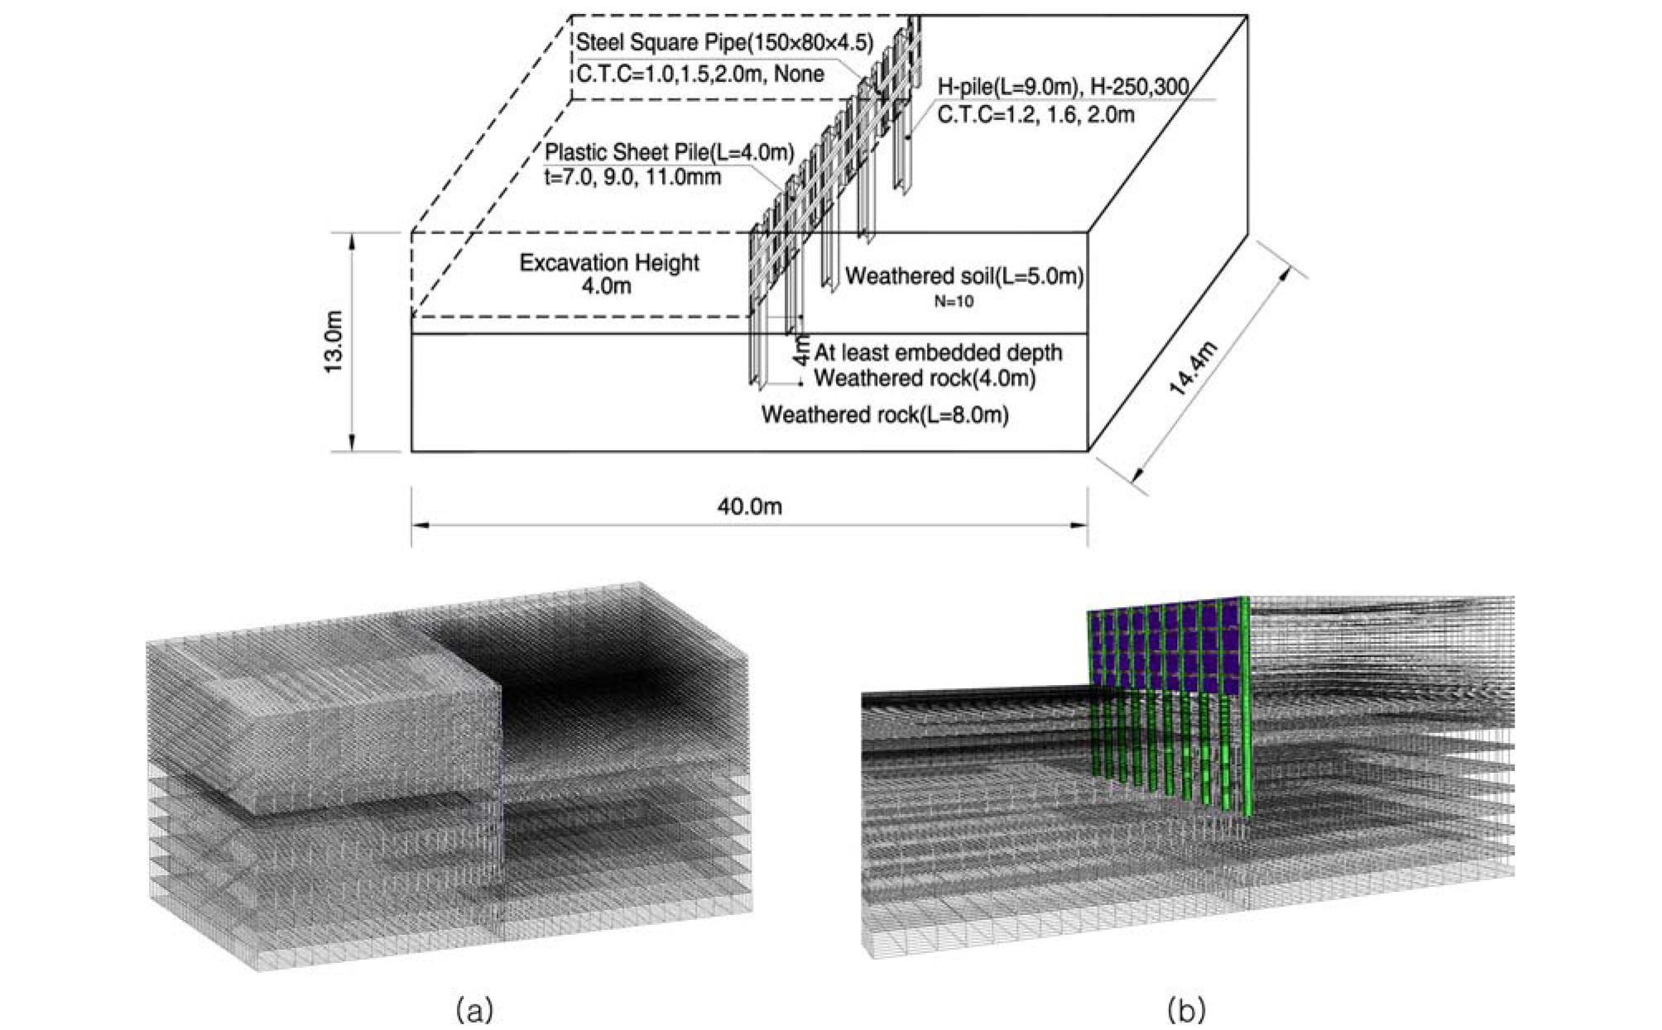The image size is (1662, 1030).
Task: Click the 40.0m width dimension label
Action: click(x=749, y=506)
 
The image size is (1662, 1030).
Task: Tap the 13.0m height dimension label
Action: click(x=333, y=342)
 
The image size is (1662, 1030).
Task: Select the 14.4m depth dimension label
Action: click(x=1193, y=368)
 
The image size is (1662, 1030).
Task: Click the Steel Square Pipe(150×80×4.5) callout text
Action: click(x=724, y=42)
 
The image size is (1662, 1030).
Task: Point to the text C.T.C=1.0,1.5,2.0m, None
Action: click(x=700, y=74)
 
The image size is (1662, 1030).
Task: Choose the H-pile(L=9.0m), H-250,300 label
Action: click(x=1063, y=87)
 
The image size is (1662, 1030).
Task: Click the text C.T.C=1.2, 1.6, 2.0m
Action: click(x=1035, y=114)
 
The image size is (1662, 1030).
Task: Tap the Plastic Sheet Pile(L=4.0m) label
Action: click(x=669, y=152)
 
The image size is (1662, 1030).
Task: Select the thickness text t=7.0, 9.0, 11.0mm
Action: click(x=632, y=176)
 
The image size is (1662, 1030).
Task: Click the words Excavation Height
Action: click(x=609, y=263)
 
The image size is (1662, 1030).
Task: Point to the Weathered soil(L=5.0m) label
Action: click(x=964, y=275)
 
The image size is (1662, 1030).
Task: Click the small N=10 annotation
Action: click(x=953, y=302)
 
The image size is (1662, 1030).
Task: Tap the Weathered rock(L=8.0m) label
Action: click(x=885, y=414)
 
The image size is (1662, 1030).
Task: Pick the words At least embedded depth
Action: click(x=938, y=352)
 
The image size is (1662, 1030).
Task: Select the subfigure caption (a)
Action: click(x=474, y=1009)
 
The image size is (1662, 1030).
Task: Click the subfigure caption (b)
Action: click(x=1186, y=1009)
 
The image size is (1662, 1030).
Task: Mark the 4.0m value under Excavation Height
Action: click(x=607, y=286)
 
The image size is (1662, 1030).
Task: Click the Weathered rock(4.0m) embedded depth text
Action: click(x=925, y=378)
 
